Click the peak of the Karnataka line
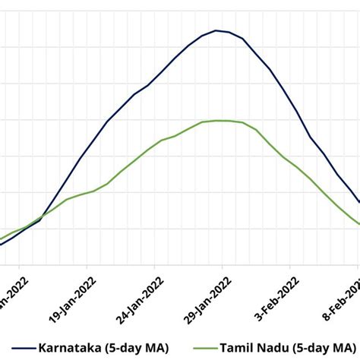pyautogui.click(x=216, y=30)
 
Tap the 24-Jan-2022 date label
pyautogui.click(x=138, y=292)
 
